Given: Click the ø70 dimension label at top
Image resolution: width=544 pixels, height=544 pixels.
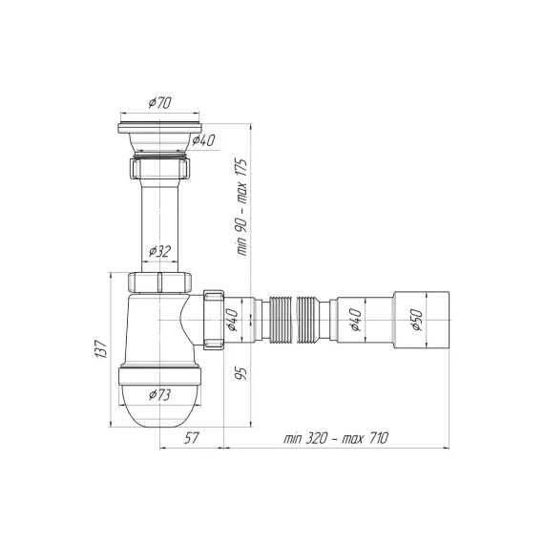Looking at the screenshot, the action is point(160,103).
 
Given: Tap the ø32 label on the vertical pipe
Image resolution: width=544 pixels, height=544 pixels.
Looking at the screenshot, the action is point(160,251).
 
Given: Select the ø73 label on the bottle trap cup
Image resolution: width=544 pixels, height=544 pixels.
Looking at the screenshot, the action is point(160,395).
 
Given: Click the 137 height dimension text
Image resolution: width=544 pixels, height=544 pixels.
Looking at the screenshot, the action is point(101,349).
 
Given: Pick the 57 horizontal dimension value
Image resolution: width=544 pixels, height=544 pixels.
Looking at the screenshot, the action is point(191,438).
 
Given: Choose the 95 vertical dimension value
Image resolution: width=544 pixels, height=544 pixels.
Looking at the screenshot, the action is point(241,373).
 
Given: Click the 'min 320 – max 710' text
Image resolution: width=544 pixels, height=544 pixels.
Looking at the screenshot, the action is point(336,438).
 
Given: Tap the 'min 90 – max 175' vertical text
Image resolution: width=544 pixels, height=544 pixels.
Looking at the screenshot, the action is point(241,207).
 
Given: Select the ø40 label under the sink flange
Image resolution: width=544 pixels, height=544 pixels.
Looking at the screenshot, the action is point(203,140).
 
